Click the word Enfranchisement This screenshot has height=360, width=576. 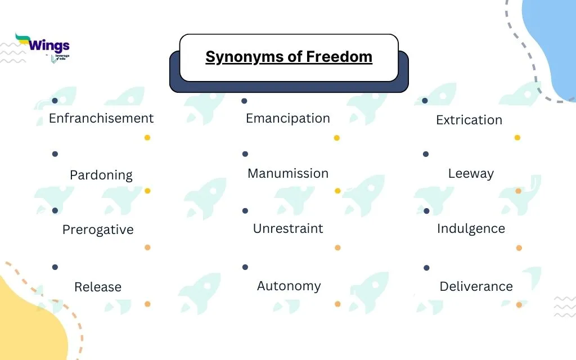click(101, 118)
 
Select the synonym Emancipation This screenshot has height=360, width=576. click(288, 118)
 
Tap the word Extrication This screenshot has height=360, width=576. click(469, 120)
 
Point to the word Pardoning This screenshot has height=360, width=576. click(101, 175)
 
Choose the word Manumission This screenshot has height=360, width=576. click(288, 173)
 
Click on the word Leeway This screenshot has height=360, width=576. click(471, 173)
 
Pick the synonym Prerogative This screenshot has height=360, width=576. click(98, 229)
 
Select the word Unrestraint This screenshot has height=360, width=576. click(288, 228)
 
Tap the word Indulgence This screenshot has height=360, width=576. click(471, 228)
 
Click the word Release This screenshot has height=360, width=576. click(98, 287)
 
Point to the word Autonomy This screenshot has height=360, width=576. click(289, 286)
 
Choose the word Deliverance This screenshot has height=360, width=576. click(476, 286)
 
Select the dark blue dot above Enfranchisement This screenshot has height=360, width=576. click(55, 101)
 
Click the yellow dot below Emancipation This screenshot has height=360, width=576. click(337, 138)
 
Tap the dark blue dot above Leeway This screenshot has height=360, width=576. click(426, 154)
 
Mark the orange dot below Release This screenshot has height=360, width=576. click(147, 304)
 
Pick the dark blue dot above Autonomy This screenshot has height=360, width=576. click(245, 267)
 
